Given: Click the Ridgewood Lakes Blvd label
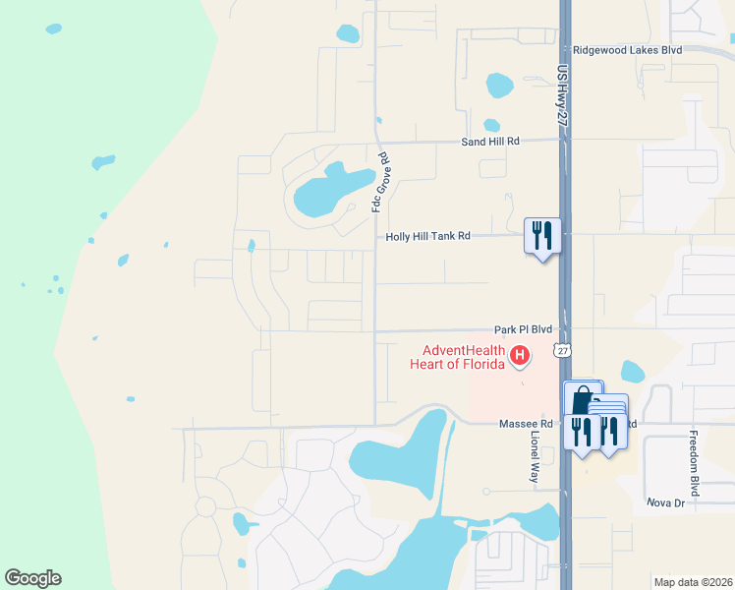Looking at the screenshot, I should [627, 49].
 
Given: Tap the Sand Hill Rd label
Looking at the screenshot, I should [490, 142].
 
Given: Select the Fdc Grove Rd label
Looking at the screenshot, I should [375, 182].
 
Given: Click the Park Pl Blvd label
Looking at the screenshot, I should [523, 330].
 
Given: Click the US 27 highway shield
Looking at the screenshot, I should [561, 350].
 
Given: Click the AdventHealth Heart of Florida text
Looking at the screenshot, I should [463, 357].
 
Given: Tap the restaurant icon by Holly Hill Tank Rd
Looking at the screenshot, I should [541, 235].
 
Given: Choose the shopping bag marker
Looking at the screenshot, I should [582, 399].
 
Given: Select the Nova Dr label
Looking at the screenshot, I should [664, 502].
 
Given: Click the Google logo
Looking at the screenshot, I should [32, 578].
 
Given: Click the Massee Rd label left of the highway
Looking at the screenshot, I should [509, 423].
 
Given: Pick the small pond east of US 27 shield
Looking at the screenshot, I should [633, 372].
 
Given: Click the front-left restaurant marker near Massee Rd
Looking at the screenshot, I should [582, 432].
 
